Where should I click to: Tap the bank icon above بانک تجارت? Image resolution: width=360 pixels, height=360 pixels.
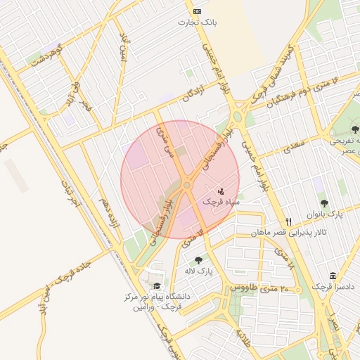point(197,12)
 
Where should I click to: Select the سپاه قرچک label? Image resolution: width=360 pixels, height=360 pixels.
point(221,201)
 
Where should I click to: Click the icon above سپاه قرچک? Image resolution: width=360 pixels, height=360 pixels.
point(221,191)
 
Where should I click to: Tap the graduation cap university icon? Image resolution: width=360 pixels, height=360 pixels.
point(156,285)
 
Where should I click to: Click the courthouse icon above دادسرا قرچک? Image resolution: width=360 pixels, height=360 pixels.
point(332,276)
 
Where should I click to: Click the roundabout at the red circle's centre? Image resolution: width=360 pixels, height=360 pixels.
point(186,185)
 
